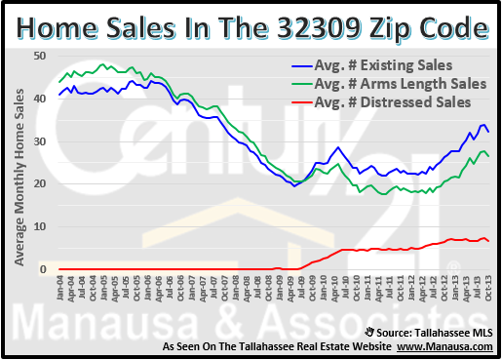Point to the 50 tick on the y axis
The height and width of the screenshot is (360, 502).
pos(39,56)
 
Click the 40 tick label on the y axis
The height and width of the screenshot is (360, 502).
pos(39,99)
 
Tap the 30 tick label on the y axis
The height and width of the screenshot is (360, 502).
pos(39,141)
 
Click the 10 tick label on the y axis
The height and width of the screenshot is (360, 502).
pos(39,226)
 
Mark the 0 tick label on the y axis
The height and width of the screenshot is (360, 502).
pos(42,268)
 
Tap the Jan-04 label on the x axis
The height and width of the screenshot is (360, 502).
pos(59,289)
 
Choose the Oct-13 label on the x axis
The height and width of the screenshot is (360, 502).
pos(487,289)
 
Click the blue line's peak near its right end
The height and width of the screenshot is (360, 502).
pos(481,124)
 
